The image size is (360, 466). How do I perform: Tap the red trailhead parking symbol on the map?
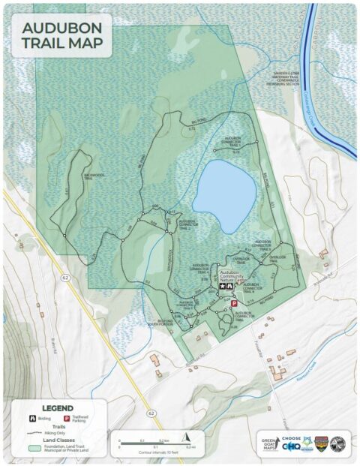click(x=233, y=303)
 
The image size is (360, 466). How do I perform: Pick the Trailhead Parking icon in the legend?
click(x=66, y=417)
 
